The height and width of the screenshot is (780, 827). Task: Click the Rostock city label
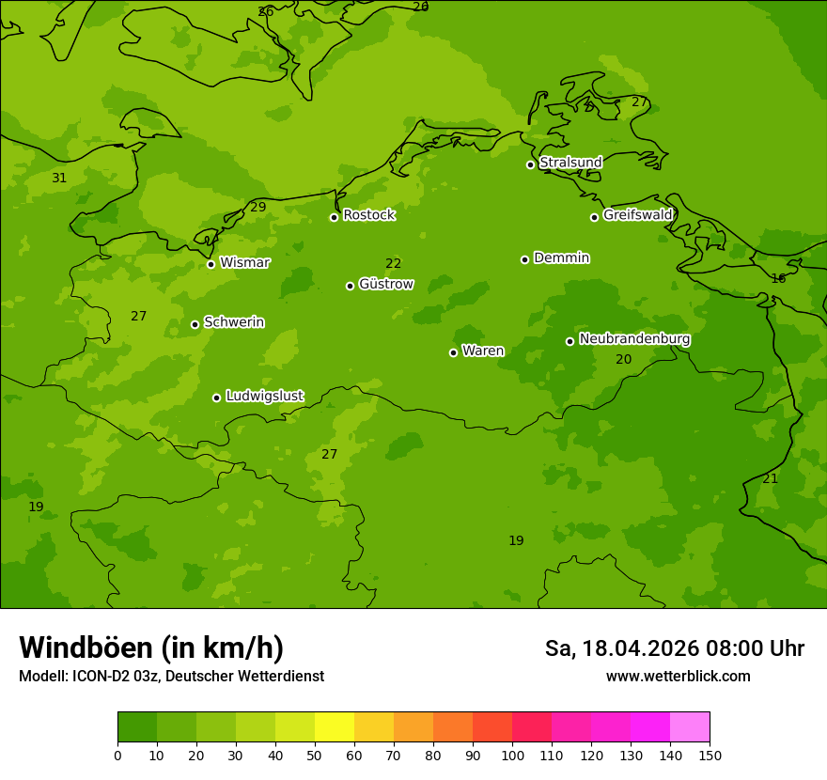coord(368,215)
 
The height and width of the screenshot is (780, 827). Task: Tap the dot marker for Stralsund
coord(530,164)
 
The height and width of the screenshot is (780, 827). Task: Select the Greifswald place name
coord(637,215)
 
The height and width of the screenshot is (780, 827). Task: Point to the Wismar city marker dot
coord(211,264)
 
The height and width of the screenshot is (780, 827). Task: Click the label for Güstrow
coord(385,284)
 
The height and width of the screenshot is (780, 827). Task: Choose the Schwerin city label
coord(234,322)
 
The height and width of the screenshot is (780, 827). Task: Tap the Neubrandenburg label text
coord(634,339)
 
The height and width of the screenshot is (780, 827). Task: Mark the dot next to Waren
coord(453,352)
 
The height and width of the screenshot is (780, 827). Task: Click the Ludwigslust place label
coord(264,397)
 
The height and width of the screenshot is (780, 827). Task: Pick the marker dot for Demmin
coord(524,259)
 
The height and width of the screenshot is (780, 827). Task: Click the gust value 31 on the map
coord(59,179)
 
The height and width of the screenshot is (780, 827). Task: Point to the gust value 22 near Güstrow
coord(393,264)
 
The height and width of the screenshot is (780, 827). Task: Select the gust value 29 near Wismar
coord(258,207)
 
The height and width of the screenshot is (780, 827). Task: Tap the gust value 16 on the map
coord(778,278)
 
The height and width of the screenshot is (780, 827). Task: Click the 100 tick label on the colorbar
coord(512,755)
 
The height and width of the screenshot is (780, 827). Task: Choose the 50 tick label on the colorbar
coord(315,755)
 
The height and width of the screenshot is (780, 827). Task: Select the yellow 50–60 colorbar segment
coord(335,727)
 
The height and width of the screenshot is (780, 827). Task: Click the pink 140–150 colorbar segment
coord(690,727)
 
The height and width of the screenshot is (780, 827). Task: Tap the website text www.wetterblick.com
coord(678,677)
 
